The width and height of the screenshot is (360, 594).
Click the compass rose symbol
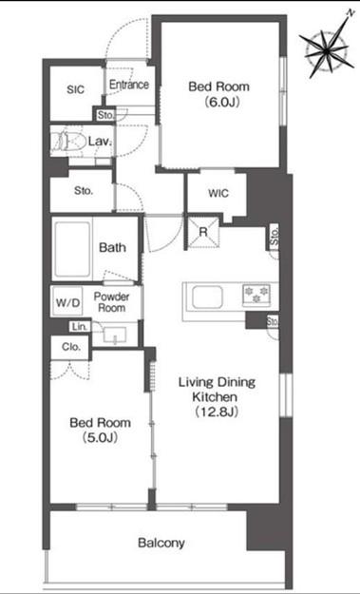[327, 48]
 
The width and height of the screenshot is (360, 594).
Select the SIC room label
[76, 89]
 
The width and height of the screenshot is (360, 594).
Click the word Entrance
[129, 85]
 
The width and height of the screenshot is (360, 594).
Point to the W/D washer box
[68, 302]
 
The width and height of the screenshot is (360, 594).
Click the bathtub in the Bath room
[73, 249]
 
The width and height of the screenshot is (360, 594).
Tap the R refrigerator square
[203, 232]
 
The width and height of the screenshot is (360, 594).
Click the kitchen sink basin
[207, 297]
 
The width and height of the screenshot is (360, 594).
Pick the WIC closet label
[218, 194]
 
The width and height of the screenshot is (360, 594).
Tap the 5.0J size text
[100, 437]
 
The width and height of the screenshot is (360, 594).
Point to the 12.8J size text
[217, 412]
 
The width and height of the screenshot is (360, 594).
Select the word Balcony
[161, 544]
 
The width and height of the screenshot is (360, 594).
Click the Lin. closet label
[80, 327]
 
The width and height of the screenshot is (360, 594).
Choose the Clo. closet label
[71, 347]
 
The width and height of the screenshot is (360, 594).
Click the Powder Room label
[112, 302]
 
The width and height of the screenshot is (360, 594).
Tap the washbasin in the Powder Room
[116, 335]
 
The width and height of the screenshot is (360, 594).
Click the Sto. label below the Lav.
[84, 191]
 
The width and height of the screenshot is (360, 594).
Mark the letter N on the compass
[349, 12]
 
